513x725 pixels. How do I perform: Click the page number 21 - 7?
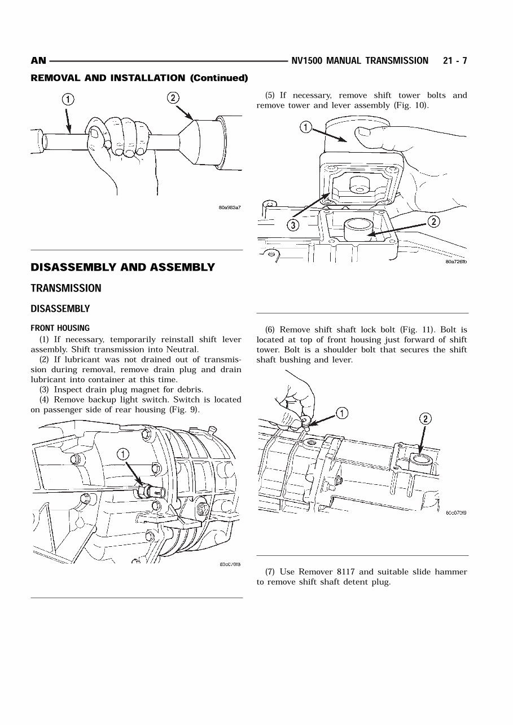point(455,61)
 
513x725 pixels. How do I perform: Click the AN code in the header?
point(38,61)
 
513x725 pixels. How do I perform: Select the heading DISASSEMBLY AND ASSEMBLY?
point(122,267)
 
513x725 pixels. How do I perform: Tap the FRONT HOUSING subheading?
point(60,328)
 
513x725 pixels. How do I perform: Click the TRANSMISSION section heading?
point(66,288)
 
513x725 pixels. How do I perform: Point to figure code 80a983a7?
point(230,207)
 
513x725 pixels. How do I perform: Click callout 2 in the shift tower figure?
point(433,222)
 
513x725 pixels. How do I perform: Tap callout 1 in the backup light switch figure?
point(123,453)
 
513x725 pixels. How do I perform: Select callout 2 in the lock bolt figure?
point(426,418)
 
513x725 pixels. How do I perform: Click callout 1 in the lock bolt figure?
point(342,413)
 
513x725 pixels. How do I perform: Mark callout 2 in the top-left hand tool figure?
point(173,98)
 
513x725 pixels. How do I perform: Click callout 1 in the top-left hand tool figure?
point(67,100)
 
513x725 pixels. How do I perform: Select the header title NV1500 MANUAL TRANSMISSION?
point(360,61)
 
